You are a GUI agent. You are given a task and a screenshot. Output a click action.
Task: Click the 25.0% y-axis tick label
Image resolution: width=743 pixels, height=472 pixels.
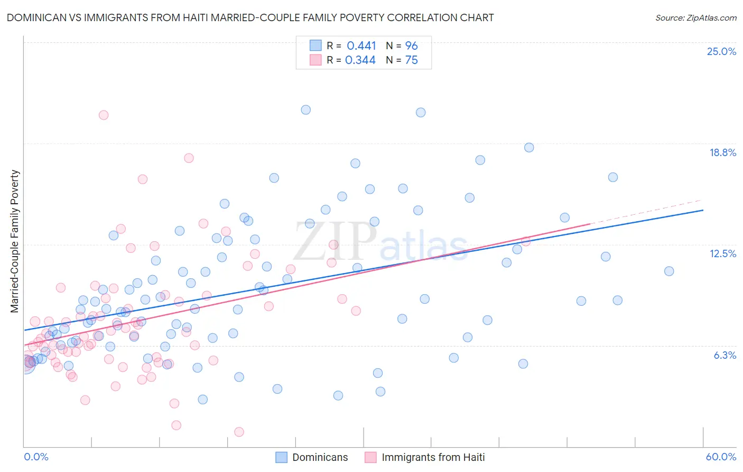point(721,51)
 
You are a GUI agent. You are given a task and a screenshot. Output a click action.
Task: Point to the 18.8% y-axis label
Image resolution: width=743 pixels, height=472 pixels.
point(722,152)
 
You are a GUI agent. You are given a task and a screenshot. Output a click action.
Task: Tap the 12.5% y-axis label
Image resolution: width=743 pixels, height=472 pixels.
point(722,253)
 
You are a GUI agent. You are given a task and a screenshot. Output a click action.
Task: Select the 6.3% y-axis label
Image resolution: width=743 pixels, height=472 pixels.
point(725,355)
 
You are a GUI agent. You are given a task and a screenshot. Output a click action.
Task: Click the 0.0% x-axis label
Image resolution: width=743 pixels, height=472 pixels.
point(36,457)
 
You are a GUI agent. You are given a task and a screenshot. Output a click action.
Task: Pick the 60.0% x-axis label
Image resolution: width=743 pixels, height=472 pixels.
point(721,457)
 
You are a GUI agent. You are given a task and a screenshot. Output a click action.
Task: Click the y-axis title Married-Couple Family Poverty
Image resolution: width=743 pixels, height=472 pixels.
point(15,241)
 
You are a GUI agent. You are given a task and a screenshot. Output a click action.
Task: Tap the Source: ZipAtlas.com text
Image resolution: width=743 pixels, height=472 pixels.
point(695,17)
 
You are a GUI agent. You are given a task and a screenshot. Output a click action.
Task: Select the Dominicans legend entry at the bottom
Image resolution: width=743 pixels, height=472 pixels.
point(312,457)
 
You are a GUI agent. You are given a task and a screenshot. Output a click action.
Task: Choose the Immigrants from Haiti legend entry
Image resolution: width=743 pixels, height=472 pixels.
point(425,457)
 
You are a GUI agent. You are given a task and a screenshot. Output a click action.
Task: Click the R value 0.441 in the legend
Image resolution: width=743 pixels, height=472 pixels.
point(361,46)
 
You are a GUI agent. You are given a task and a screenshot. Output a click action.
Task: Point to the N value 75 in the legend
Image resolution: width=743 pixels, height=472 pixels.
point(411,60)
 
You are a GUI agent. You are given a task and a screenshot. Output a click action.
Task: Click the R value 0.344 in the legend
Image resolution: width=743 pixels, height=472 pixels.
point(360,60)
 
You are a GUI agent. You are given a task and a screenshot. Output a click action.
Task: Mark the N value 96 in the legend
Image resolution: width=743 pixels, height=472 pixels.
point(411,46)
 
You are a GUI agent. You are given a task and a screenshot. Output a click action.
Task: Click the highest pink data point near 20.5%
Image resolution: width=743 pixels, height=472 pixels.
point(104,115)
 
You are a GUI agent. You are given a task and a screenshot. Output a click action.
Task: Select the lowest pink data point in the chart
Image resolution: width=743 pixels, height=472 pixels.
point(239,432)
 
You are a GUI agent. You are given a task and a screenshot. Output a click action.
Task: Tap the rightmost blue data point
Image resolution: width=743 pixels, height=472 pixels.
point(669,271)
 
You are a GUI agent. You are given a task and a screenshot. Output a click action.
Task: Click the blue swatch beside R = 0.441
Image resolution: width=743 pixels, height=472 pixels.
point(315,46)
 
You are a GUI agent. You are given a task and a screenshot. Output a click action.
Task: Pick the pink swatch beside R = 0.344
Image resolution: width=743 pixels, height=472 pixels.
point(315,60)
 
